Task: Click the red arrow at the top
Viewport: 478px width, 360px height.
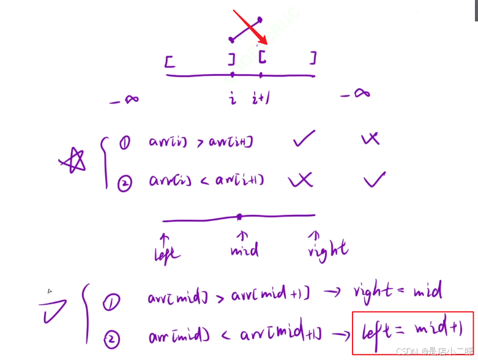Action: pos(250,27)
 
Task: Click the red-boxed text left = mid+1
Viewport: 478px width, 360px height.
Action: pos(413,332)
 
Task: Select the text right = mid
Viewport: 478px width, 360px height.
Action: pos(397,291)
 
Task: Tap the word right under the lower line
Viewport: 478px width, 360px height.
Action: pos(327,249)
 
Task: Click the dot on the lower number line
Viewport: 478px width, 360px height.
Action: pos(239,217)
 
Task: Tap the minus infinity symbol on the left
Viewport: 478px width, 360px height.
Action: pos(124,100)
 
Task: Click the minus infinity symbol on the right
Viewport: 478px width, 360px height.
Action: pos(355,94)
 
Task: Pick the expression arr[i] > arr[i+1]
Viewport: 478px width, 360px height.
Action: pos(201,143)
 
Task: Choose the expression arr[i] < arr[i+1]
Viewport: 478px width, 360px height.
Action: pos(206,181)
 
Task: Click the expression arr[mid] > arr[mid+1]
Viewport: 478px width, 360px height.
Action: pos(228,297)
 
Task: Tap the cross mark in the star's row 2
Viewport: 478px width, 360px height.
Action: pos(300,179)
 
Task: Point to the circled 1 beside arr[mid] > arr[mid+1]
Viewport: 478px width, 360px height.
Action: pos(111,301)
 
